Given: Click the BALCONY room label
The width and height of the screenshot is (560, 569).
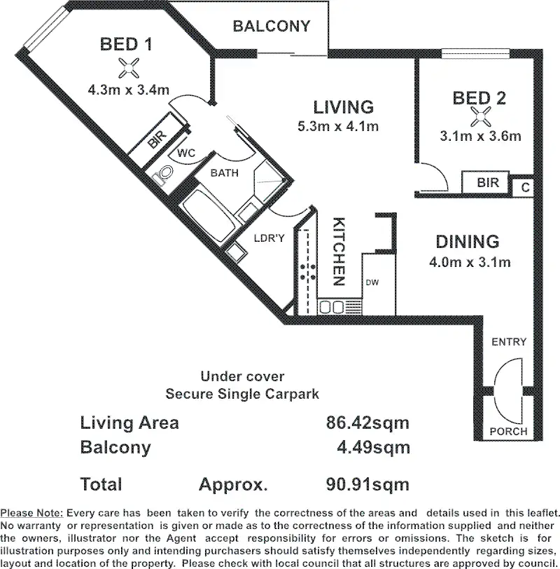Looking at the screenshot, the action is coord(272,27).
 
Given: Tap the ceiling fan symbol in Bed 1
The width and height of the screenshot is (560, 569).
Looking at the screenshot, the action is coord(129,68).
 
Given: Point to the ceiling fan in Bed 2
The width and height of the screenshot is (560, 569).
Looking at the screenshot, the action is coord(480,117).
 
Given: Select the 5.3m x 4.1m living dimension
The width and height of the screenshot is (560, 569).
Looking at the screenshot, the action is coord(338,126).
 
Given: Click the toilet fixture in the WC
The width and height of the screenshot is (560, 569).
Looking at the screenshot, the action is coord(164,174).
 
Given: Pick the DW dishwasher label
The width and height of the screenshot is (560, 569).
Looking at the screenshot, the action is coord(372,282).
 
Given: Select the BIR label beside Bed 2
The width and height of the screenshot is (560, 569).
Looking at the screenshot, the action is coord(488,182).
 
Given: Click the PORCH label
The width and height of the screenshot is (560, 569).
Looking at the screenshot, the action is coord(508,432).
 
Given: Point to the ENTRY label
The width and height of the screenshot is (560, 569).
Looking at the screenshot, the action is coord(509,341).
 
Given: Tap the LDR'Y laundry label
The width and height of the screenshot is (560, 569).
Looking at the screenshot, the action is coord(269,238).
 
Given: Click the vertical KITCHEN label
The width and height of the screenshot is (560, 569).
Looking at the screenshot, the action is coord(339,252).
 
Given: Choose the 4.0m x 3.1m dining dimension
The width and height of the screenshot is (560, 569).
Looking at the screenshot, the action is coord(470,262).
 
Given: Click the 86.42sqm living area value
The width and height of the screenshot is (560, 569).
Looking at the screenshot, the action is coord(367,423).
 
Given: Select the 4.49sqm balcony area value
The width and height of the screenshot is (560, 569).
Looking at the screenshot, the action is coord(374,448).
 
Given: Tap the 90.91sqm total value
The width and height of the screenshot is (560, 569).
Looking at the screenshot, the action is coord(367,484).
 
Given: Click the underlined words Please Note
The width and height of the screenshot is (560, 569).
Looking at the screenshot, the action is coord(32,513).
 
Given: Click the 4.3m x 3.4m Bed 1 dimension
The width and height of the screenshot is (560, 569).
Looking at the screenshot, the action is coord(129,90).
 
